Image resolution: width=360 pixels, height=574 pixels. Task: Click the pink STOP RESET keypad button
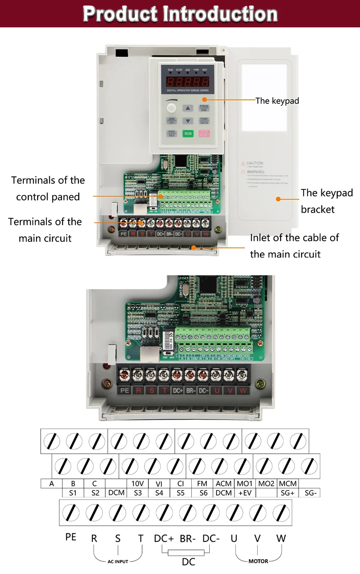pos(204,133)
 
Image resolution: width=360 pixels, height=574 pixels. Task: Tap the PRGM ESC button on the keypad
pos(204,108)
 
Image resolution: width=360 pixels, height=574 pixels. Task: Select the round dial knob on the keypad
pos(171,108)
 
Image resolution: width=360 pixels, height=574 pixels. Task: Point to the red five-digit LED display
pos(187,81)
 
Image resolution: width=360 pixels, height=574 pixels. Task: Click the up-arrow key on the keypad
pos(188,108)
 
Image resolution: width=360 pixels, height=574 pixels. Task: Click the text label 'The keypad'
pos(277,101)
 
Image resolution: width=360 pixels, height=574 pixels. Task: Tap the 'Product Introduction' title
pos(180,14)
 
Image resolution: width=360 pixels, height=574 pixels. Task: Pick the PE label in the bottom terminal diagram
pos(71,537)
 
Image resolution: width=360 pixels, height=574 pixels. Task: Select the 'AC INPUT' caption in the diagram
pos(118,562)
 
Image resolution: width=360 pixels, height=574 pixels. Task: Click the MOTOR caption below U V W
pos(258,561)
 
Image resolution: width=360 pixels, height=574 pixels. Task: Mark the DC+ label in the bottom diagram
pos(164,538)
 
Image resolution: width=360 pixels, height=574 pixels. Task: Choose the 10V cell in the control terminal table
pos(138,484)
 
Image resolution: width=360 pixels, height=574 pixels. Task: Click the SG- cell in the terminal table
pos(310,493)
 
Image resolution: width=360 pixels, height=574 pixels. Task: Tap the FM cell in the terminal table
pos(202,484)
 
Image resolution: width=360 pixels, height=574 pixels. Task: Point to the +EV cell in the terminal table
pos(245,493)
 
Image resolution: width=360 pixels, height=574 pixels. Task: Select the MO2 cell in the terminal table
pos(266,484)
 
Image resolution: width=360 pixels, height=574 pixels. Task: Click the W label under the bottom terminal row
pos(281,538)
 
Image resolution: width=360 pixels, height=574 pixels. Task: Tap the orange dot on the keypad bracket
pos(278,199)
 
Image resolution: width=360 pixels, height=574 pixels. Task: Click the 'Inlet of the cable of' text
pos(294,238)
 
